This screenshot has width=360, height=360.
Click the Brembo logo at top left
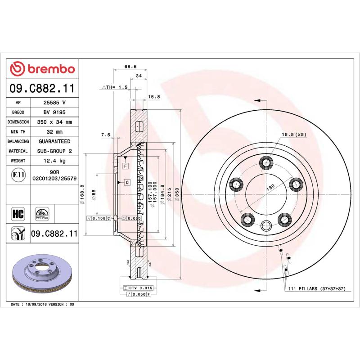pyautogui.click(x=42, y=69)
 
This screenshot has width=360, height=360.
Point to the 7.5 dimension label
pyautogui.click(x=105, y=135)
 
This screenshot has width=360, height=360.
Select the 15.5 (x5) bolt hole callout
pyautogui.click(x=293, y=135)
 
